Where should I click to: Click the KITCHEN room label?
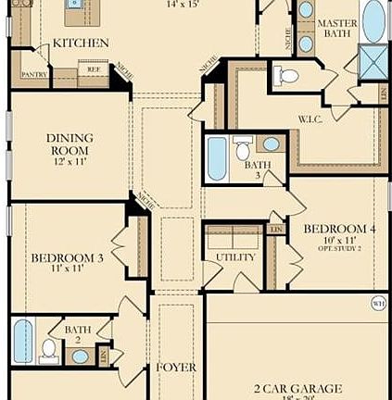80,43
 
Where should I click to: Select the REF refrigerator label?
93,69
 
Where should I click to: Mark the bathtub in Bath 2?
23,341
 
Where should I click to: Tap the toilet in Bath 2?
49,350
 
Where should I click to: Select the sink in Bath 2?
81,356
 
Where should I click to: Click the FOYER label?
175,368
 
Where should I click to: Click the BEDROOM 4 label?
327,228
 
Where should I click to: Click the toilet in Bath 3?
243,149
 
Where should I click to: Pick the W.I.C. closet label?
309,119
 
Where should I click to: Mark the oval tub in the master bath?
373,20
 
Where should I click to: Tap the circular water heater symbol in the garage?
378,300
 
